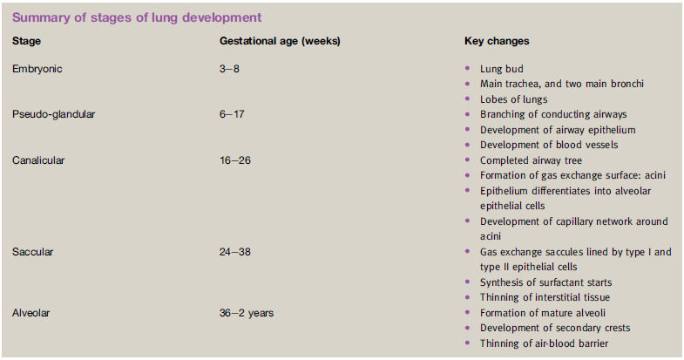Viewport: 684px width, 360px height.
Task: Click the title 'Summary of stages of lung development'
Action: coord(137,17)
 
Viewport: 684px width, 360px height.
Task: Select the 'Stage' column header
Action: coord(27,41)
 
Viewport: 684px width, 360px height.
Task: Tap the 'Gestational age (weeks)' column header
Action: coord(280,41)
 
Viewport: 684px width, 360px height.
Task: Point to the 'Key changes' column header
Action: coord(497,41)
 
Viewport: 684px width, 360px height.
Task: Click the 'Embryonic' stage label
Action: coord(37,69)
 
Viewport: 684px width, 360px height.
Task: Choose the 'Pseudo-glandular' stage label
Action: coord(54,114)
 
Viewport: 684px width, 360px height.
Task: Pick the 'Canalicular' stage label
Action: coord(38,160)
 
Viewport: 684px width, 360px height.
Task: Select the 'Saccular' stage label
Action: coord(33,252)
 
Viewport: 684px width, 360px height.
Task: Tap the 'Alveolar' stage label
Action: coord(31,313)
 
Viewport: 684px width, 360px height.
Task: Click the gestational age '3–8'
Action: coord(229,69)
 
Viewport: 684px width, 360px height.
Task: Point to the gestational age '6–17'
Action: coord(232,114)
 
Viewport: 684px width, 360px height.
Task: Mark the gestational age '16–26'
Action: coord(235,160)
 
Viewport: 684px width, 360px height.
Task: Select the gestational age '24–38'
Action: coord(235,252)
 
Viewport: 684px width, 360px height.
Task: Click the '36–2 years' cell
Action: coord(247,313)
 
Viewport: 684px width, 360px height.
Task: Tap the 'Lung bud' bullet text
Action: coord(502,69)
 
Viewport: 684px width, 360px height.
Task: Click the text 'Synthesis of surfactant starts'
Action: coord(546,282)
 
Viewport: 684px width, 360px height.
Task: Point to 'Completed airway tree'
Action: coord(532,160)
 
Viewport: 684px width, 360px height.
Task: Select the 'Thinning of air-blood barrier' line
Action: coord(545,343)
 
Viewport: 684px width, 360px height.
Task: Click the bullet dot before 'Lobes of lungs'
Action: coord(468,98)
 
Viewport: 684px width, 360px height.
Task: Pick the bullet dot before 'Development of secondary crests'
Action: coord(468,327)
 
